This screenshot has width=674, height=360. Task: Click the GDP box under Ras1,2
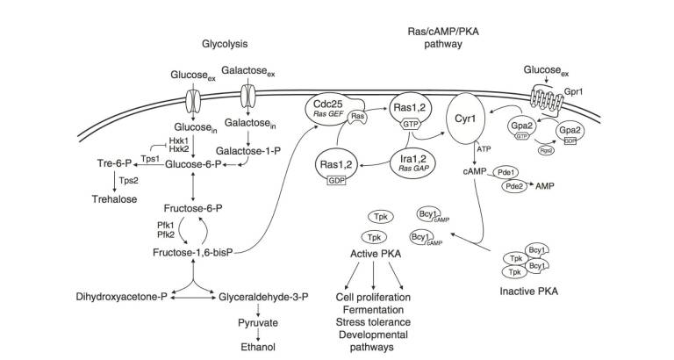click(x=336, y=180)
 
